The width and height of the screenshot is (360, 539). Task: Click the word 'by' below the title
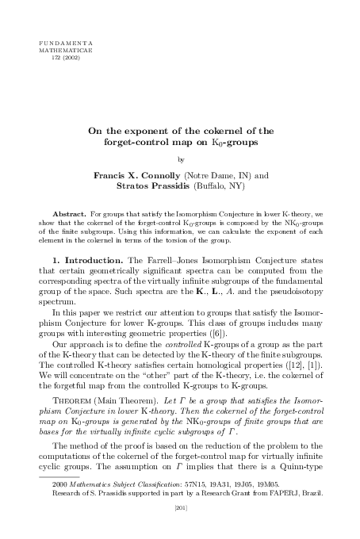181,159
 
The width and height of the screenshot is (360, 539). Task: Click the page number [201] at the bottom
181,531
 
